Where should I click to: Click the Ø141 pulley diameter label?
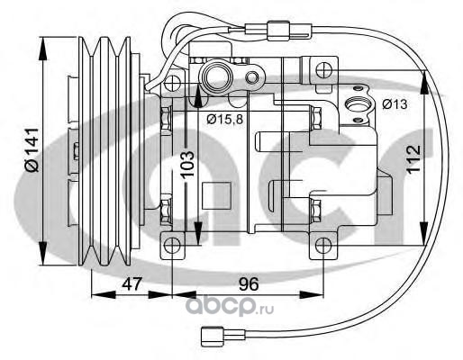click(32, 150)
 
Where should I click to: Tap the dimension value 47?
click(132, 283)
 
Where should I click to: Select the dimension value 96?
click(249, 283)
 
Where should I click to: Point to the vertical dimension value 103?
click(188, 166)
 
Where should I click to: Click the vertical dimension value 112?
click(413, 159)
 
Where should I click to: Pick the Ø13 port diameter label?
click(395, 104)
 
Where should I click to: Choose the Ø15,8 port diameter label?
click(224, 120)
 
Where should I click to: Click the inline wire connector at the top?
click(277, 31)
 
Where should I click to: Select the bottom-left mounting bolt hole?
click(172, 246)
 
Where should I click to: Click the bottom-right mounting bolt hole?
click(323, 246)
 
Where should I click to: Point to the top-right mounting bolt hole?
click(324, 70)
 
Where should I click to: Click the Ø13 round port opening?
click(358, 104)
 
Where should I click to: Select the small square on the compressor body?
click(216, 195)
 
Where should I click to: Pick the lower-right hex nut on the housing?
click(315, 211)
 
